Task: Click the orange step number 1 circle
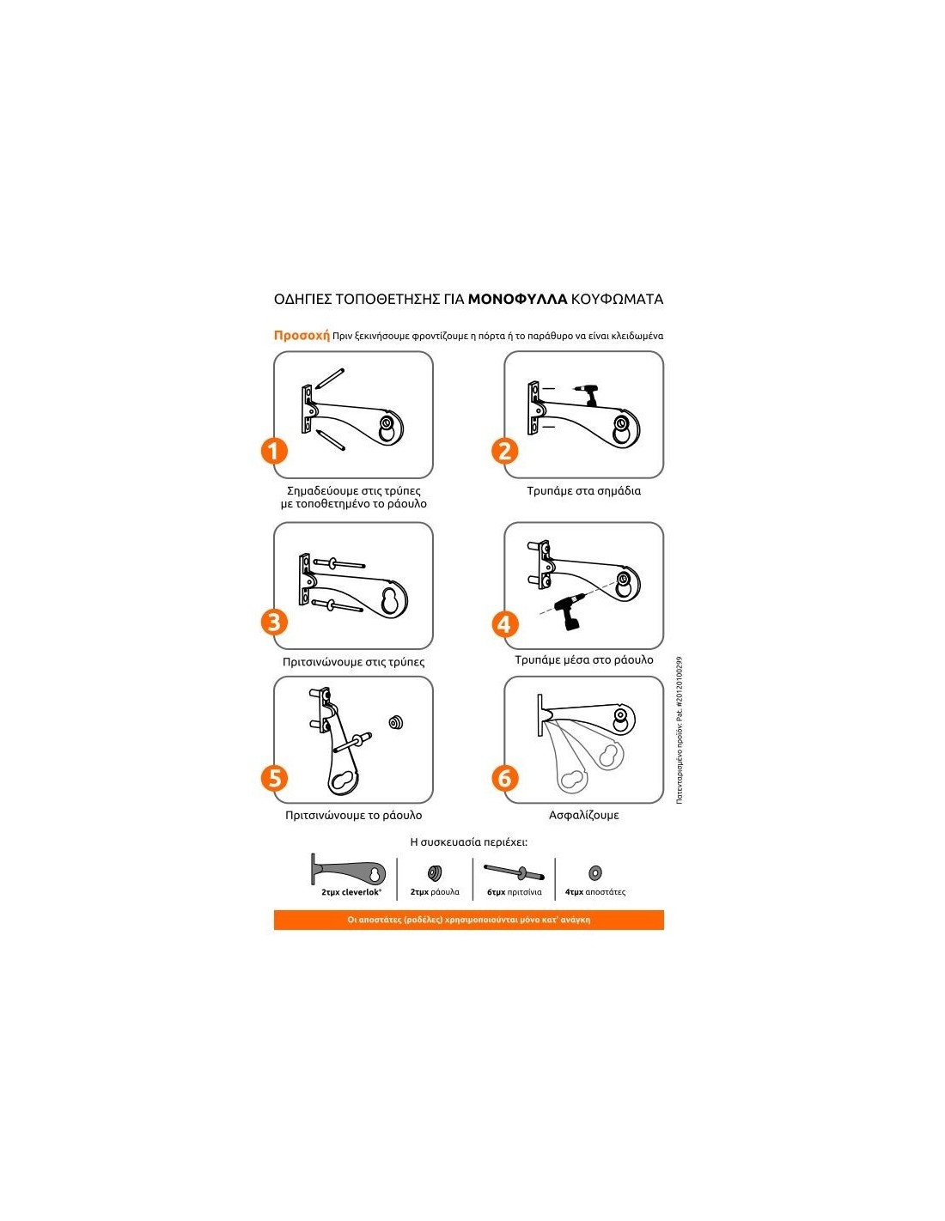(274, 451)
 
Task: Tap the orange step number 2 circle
(504, 451)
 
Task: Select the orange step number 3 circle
(274, 622)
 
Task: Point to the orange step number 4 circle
(504, 624)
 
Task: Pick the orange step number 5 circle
(274, 778)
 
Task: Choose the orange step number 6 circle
(504, 778)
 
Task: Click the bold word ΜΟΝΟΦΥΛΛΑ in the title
(517, 299)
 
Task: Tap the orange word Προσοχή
(302, 336)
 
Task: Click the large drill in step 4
(570, 611)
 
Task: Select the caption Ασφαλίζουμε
(583, 815)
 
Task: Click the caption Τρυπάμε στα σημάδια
(583, 490)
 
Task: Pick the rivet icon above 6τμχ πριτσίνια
(514, 872)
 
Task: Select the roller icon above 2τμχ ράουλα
(434, 872)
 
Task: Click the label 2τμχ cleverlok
(351, 892)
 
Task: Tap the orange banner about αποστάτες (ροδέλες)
(469, 920)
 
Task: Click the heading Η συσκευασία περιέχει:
(469, 842)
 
